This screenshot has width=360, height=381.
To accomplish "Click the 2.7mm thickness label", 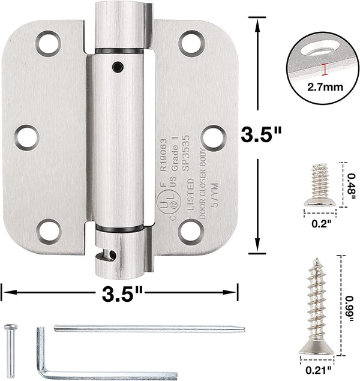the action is pyautogui.click(x=325, y=87).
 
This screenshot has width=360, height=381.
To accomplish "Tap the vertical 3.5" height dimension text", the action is pyautogui.click(x=262, y=134).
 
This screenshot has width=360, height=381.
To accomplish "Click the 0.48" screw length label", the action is pyautogui.click(x=350, y=185).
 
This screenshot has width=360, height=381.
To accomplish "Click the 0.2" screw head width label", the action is pyautogui.click(x=322, y=224).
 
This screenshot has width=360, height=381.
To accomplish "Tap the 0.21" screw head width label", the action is pyautogui.click(x=319, y=370).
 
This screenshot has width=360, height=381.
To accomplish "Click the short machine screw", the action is pyautogui.click(x=320, y=185).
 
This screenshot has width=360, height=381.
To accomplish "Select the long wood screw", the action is pyautogui.click(x=317, y=305).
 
